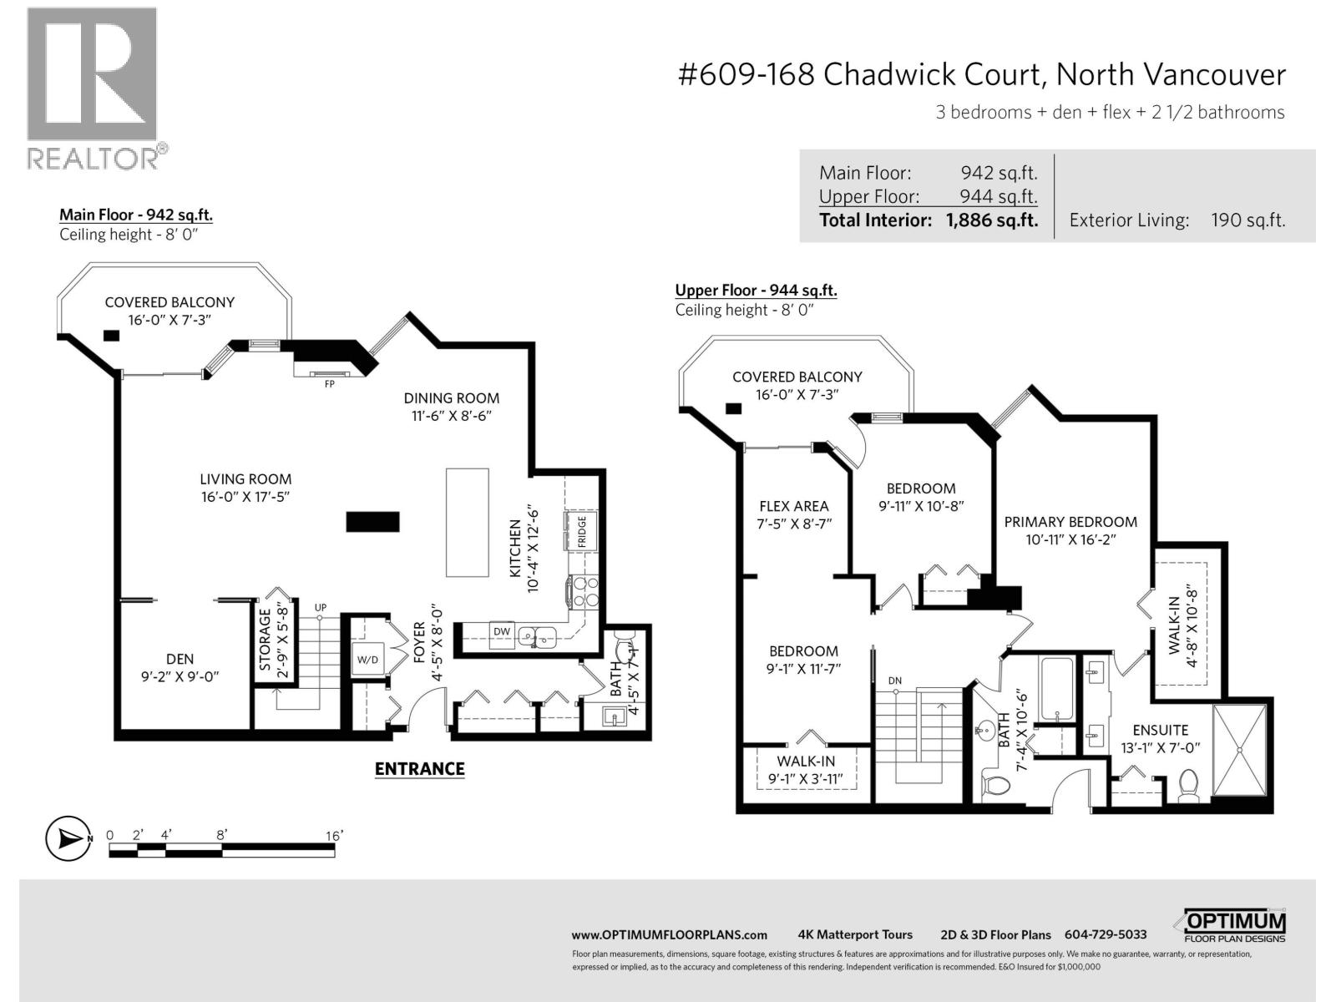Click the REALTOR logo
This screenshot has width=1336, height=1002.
pos(92,88)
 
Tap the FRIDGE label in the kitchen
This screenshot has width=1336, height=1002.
pos(582,532)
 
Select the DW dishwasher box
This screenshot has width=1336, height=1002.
pos(501,632)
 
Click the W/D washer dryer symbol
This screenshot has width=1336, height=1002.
pos(367,660)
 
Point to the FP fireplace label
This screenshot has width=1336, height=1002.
pos(330,385)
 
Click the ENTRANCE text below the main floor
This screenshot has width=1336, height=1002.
pos(419,769)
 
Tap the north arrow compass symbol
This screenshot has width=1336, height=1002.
pos(68,838)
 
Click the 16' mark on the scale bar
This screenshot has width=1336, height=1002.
pos(334,836)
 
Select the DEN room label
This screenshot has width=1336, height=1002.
pos(180,660)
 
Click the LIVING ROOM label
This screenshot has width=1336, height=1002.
pos(245,479)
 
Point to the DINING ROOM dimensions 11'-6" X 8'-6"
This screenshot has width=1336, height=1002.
pos(452,416)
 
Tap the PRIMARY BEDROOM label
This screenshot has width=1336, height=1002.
pos(1070,522)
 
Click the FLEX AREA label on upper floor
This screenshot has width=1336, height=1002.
pos(793,506)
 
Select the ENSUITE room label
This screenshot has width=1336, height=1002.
pos(1160,731)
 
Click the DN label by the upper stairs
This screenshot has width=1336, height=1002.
pos(895,681)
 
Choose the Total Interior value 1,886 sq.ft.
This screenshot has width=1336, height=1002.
pos(991,220)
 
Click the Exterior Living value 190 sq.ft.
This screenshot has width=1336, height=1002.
pos(1247,220)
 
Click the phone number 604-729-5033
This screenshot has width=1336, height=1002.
pos(1105,935)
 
